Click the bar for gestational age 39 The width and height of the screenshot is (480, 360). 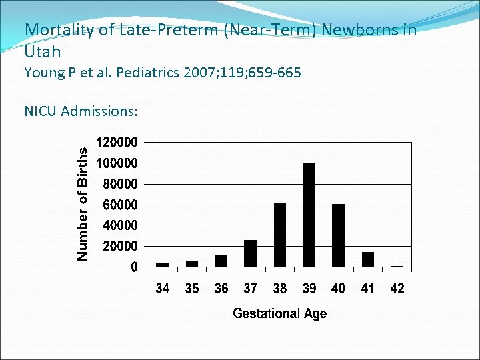tap(309, 215)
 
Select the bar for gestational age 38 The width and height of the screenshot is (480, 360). tap(279, 235)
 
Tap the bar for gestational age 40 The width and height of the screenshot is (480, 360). tap(338, 235)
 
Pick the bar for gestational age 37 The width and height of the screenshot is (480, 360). tap(250, 253)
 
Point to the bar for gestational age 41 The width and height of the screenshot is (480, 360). tap(367, 259)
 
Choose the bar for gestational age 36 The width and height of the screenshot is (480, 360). tap(221, 261)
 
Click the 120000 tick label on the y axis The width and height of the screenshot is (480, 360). tap(117, 142)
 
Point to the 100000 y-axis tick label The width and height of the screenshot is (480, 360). tap(117, 163)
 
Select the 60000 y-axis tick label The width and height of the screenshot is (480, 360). tap(120, 205)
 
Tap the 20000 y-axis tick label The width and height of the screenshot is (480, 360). tap(120, 246)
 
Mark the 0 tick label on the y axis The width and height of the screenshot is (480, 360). tap(135, 267)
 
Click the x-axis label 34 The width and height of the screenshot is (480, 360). tap(162, 289)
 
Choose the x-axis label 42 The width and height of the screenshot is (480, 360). tap(397, 289)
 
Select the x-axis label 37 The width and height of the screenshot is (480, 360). tap(250, 289)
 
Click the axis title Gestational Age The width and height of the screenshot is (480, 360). tap(279, 313)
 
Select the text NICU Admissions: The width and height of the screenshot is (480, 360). tap(81, 111)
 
